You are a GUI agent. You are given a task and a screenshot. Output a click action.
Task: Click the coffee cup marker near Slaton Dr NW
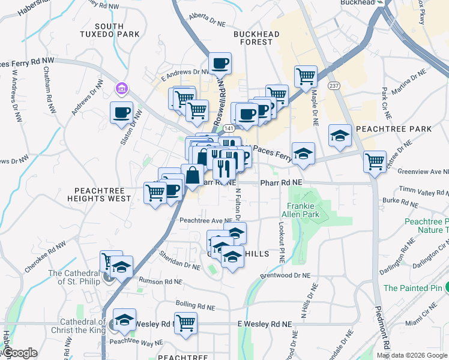pyautogui.click(x=122, y=112)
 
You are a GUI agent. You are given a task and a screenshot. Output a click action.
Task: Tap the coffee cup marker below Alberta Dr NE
pyautogui.click(x=220, y=63)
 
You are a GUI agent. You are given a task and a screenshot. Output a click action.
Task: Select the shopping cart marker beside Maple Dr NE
pyautogui.click(x=306, y=76)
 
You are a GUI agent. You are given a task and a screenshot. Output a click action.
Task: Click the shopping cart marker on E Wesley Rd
pyautogui.click(x=186, y=323)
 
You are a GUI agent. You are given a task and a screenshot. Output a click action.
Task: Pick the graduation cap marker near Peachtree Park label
pyautogui.click(x=340, y=135)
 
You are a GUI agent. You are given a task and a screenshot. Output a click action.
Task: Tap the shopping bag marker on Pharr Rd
pyautogui.click(x=193, y=176)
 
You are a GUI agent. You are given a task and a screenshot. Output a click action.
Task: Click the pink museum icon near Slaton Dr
pyautogui.click(x=122, y=89)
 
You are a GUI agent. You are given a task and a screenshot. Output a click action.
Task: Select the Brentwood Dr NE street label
pyautogui.click(x=285, y=275)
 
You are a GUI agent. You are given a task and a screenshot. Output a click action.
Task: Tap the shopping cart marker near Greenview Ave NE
pyautogui.click(x=375, y=161)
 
